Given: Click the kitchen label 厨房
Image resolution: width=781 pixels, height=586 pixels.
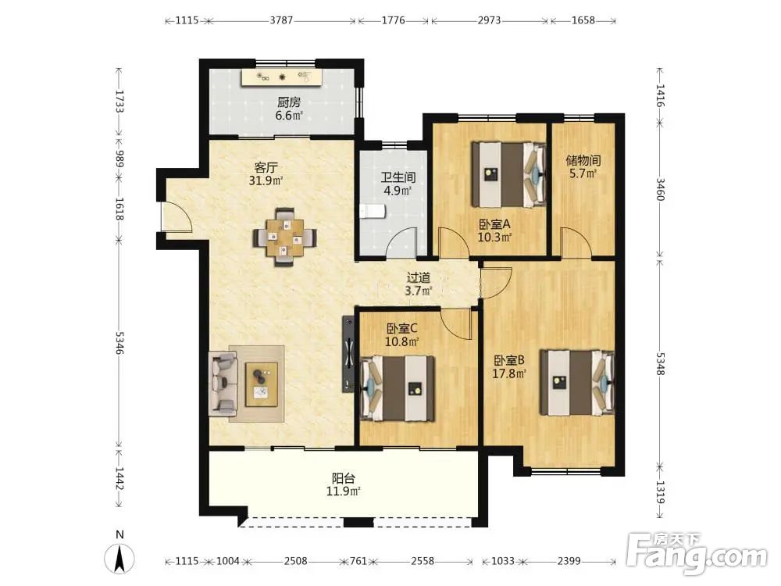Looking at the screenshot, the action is (289, 102).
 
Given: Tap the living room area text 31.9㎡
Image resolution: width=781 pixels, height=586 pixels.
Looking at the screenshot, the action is (266, 180).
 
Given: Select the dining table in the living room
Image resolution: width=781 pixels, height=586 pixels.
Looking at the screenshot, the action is (284, 237).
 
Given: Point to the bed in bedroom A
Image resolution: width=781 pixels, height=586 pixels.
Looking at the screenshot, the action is (508, 174).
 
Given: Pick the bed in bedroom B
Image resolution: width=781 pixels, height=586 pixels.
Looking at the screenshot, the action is (577, 382).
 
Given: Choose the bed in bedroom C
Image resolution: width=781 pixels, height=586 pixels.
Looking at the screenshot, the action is (398, 388).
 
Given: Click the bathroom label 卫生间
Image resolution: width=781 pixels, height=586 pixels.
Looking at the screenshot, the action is (398, 177).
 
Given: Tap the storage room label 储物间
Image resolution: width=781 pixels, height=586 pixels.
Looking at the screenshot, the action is (583, 160).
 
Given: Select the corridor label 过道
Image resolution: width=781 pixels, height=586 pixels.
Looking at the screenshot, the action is (419, 277).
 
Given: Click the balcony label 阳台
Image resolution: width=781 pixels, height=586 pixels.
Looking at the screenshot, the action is (344, 478).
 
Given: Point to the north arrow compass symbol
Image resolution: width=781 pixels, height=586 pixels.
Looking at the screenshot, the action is (119, 558).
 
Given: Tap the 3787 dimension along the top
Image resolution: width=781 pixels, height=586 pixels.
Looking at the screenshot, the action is (281, 20).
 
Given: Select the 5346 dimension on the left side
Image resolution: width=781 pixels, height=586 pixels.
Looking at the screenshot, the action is (119, 343).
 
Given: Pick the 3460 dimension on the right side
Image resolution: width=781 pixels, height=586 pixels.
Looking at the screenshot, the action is (660, 189).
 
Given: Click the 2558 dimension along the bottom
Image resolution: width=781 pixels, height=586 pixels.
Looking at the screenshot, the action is (423, 561).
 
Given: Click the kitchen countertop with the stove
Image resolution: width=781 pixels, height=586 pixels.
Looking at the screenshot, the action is (282, 77).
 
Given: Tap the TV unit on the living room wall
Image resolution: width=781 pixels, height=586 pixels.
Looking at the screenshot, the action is (348, 354).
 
